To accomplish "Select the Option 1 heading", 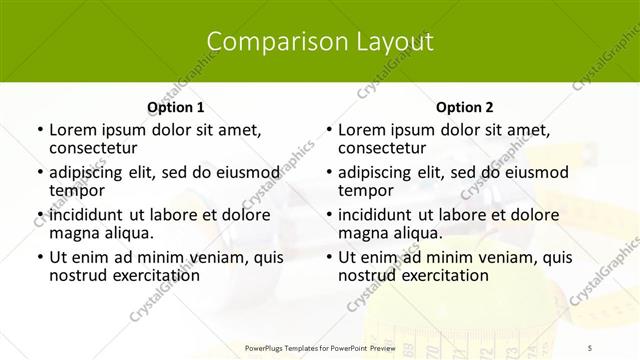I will click(x=175, y=107).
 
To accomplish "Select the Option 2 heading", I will click(x=465, y=107).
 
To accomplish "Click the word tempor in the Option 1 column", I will click(x=75, y=190).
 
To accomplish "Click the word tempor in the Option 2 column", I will click(x=365, y=190).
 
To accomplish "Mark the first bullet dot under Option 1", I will click(x=39, y=130).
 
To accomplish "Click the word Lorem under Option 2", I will click(x=360, y=129).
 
